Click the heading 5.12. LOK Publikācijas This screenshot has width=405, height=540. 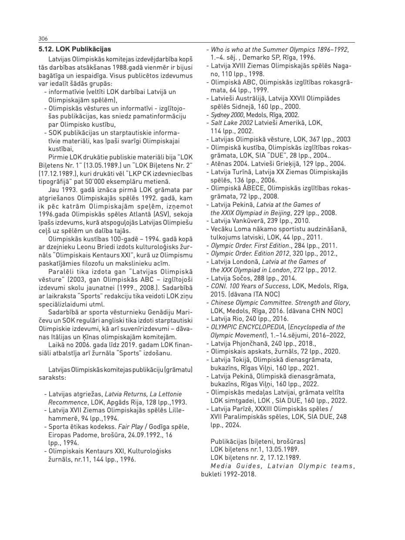click(74, 49)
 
